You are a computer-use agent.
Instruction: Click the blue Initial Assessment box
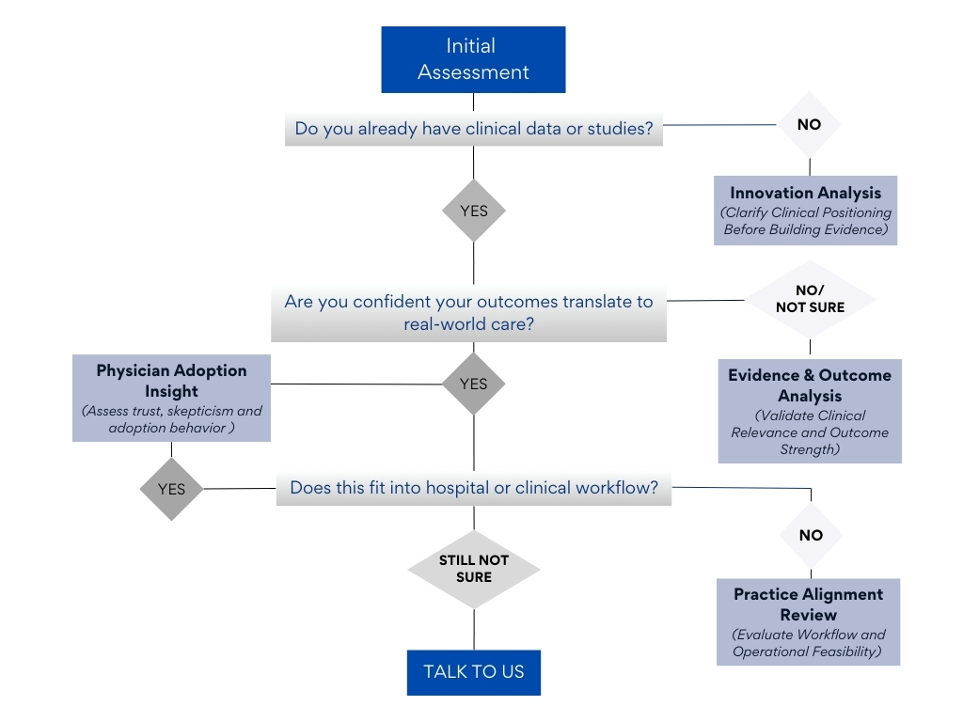[x=473, y=59]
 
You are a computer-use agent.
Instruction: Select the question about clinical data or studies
[x=474, y=129]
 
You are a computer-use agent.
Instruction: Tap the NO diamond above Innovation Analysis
[x=809, y=124]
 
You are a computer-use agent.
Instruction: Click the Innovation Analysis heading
[x=806, y=193]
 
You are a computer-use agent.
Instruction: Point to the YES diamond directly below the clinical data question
[x=474, y=211]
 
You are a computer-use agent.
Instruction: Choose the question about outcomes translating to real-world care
[x=468, y=313]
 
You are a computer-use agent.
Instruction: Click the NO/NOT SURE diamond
[x=810, y=300]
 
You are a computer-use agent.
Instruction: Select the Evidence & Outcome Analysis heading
[x=809, y=385]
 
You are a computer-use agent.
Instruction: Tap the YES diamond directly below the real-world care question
[x=474, y=384]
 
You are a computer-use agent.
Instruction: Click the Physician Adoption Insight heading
[x=171, y=380]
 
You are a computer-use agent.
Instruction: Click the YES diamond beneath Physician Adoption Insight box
[x=171, y=489]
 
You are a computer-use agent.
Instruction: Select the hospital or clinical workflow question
[x=473, y=488]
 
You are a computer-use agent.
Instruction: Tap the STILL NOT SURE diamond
[x=474, y=568]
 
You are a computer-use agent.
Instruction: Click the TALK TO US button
[x=474, y=672]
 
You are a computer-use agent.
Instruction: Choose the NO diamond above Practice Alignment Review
[x=811, y=535]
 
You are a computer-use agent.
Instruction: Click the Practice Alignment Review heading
[x=808, y=604]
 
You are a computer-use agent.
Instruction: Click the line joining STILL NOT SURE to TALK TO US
[x=474, y=630]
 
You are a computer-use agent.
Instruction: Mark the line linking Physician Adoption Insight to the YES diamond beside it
[x=357, y=384]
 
